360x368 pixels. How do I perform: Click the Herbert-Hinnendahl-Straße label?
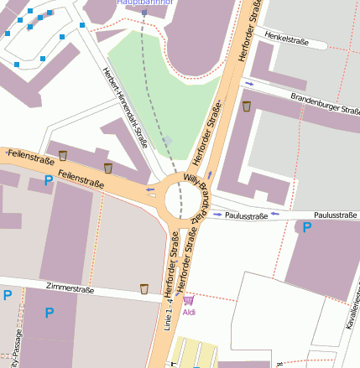124,107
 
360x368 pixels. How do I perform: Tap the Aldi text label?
189,312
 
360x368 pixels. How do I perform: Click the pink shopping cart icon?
189,300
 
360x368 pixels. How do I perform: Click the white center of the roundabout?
183,199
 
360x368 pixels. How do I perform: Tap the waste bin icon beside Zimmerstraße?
144,289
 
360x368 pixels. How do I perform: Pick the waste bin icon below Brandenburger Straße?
246,106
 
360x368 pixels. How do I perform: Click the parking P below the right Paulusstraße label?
307,227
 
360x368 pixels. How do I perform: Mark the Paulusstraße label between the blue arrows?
246,216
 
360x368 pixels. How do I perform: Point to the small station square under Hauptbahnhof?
144,13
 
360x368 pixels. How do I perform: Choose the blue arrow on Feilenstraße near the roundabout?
150,191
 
